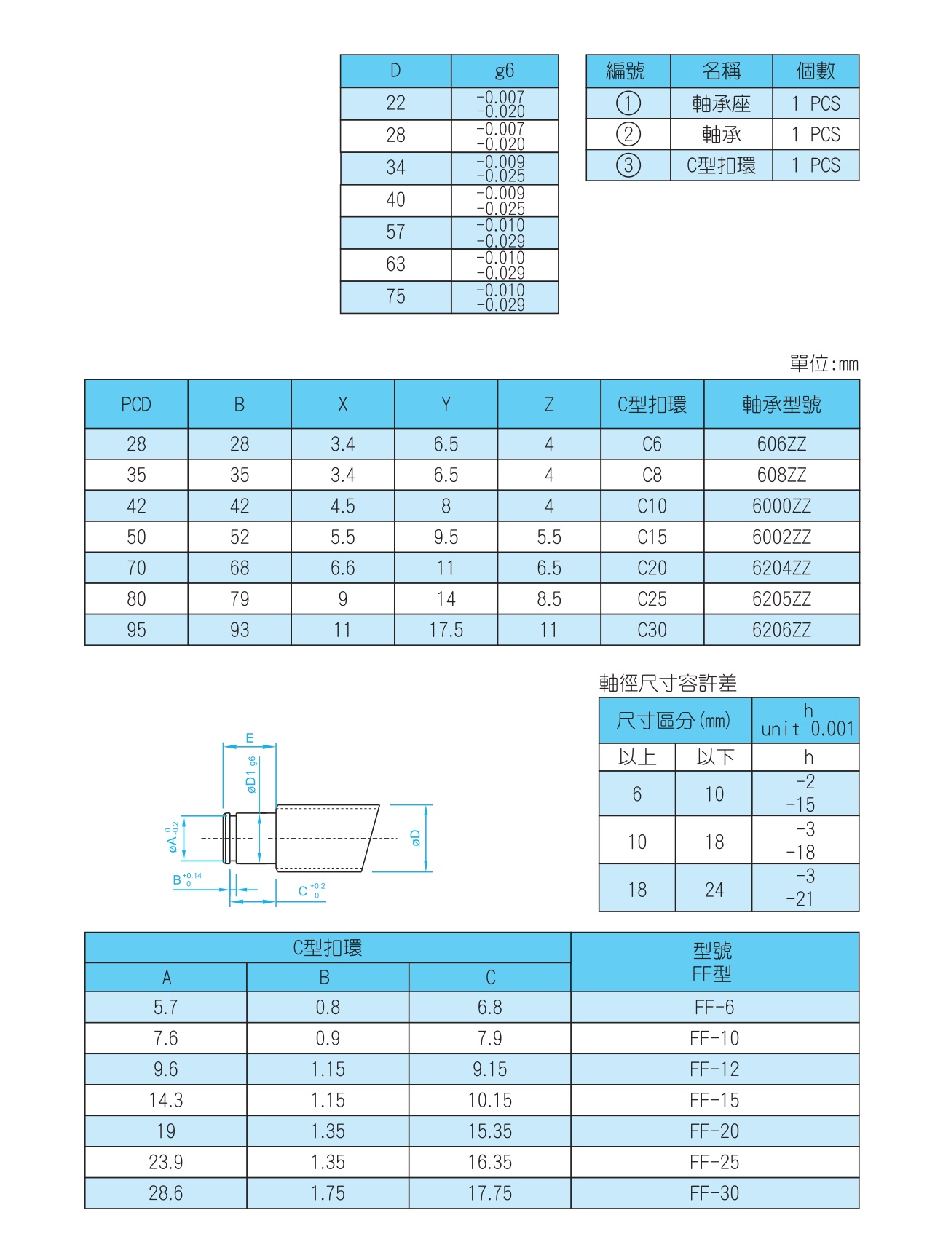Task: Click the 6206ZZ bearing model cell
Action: point(781,630)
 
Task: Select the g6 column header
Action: point(504,71)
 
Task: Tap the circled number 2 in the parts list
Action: point(628,135)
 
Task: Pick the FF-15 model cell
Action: point(714,1100)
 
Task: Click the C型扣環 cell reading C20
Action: point(652,568)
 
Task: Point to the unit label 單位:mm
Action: point(824,363)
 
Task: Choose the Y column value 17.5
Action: point(446,630)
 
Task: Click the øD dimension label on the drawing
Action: point(416,838)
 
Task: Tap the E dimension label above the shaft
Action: point(250,738)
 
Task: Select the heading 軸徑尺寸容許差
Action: point(668,683)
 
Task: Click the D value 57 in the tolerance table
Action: point(395,232)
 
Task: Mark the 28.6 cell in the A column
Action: point(166,1193)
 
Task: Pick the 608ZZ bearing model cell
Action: point(781,475)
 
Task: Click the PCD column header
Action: point(136,404)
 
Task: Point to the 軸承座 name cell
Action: point(721,103)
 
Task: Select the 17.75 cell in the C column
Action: point(489,1193)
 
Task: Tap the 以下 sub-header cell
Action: point(714,757)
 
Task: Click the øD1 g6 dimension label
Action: point(251,775)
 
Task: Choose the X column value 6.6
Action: point(342,568)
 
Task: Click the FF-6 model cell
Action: point(714,1007)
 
